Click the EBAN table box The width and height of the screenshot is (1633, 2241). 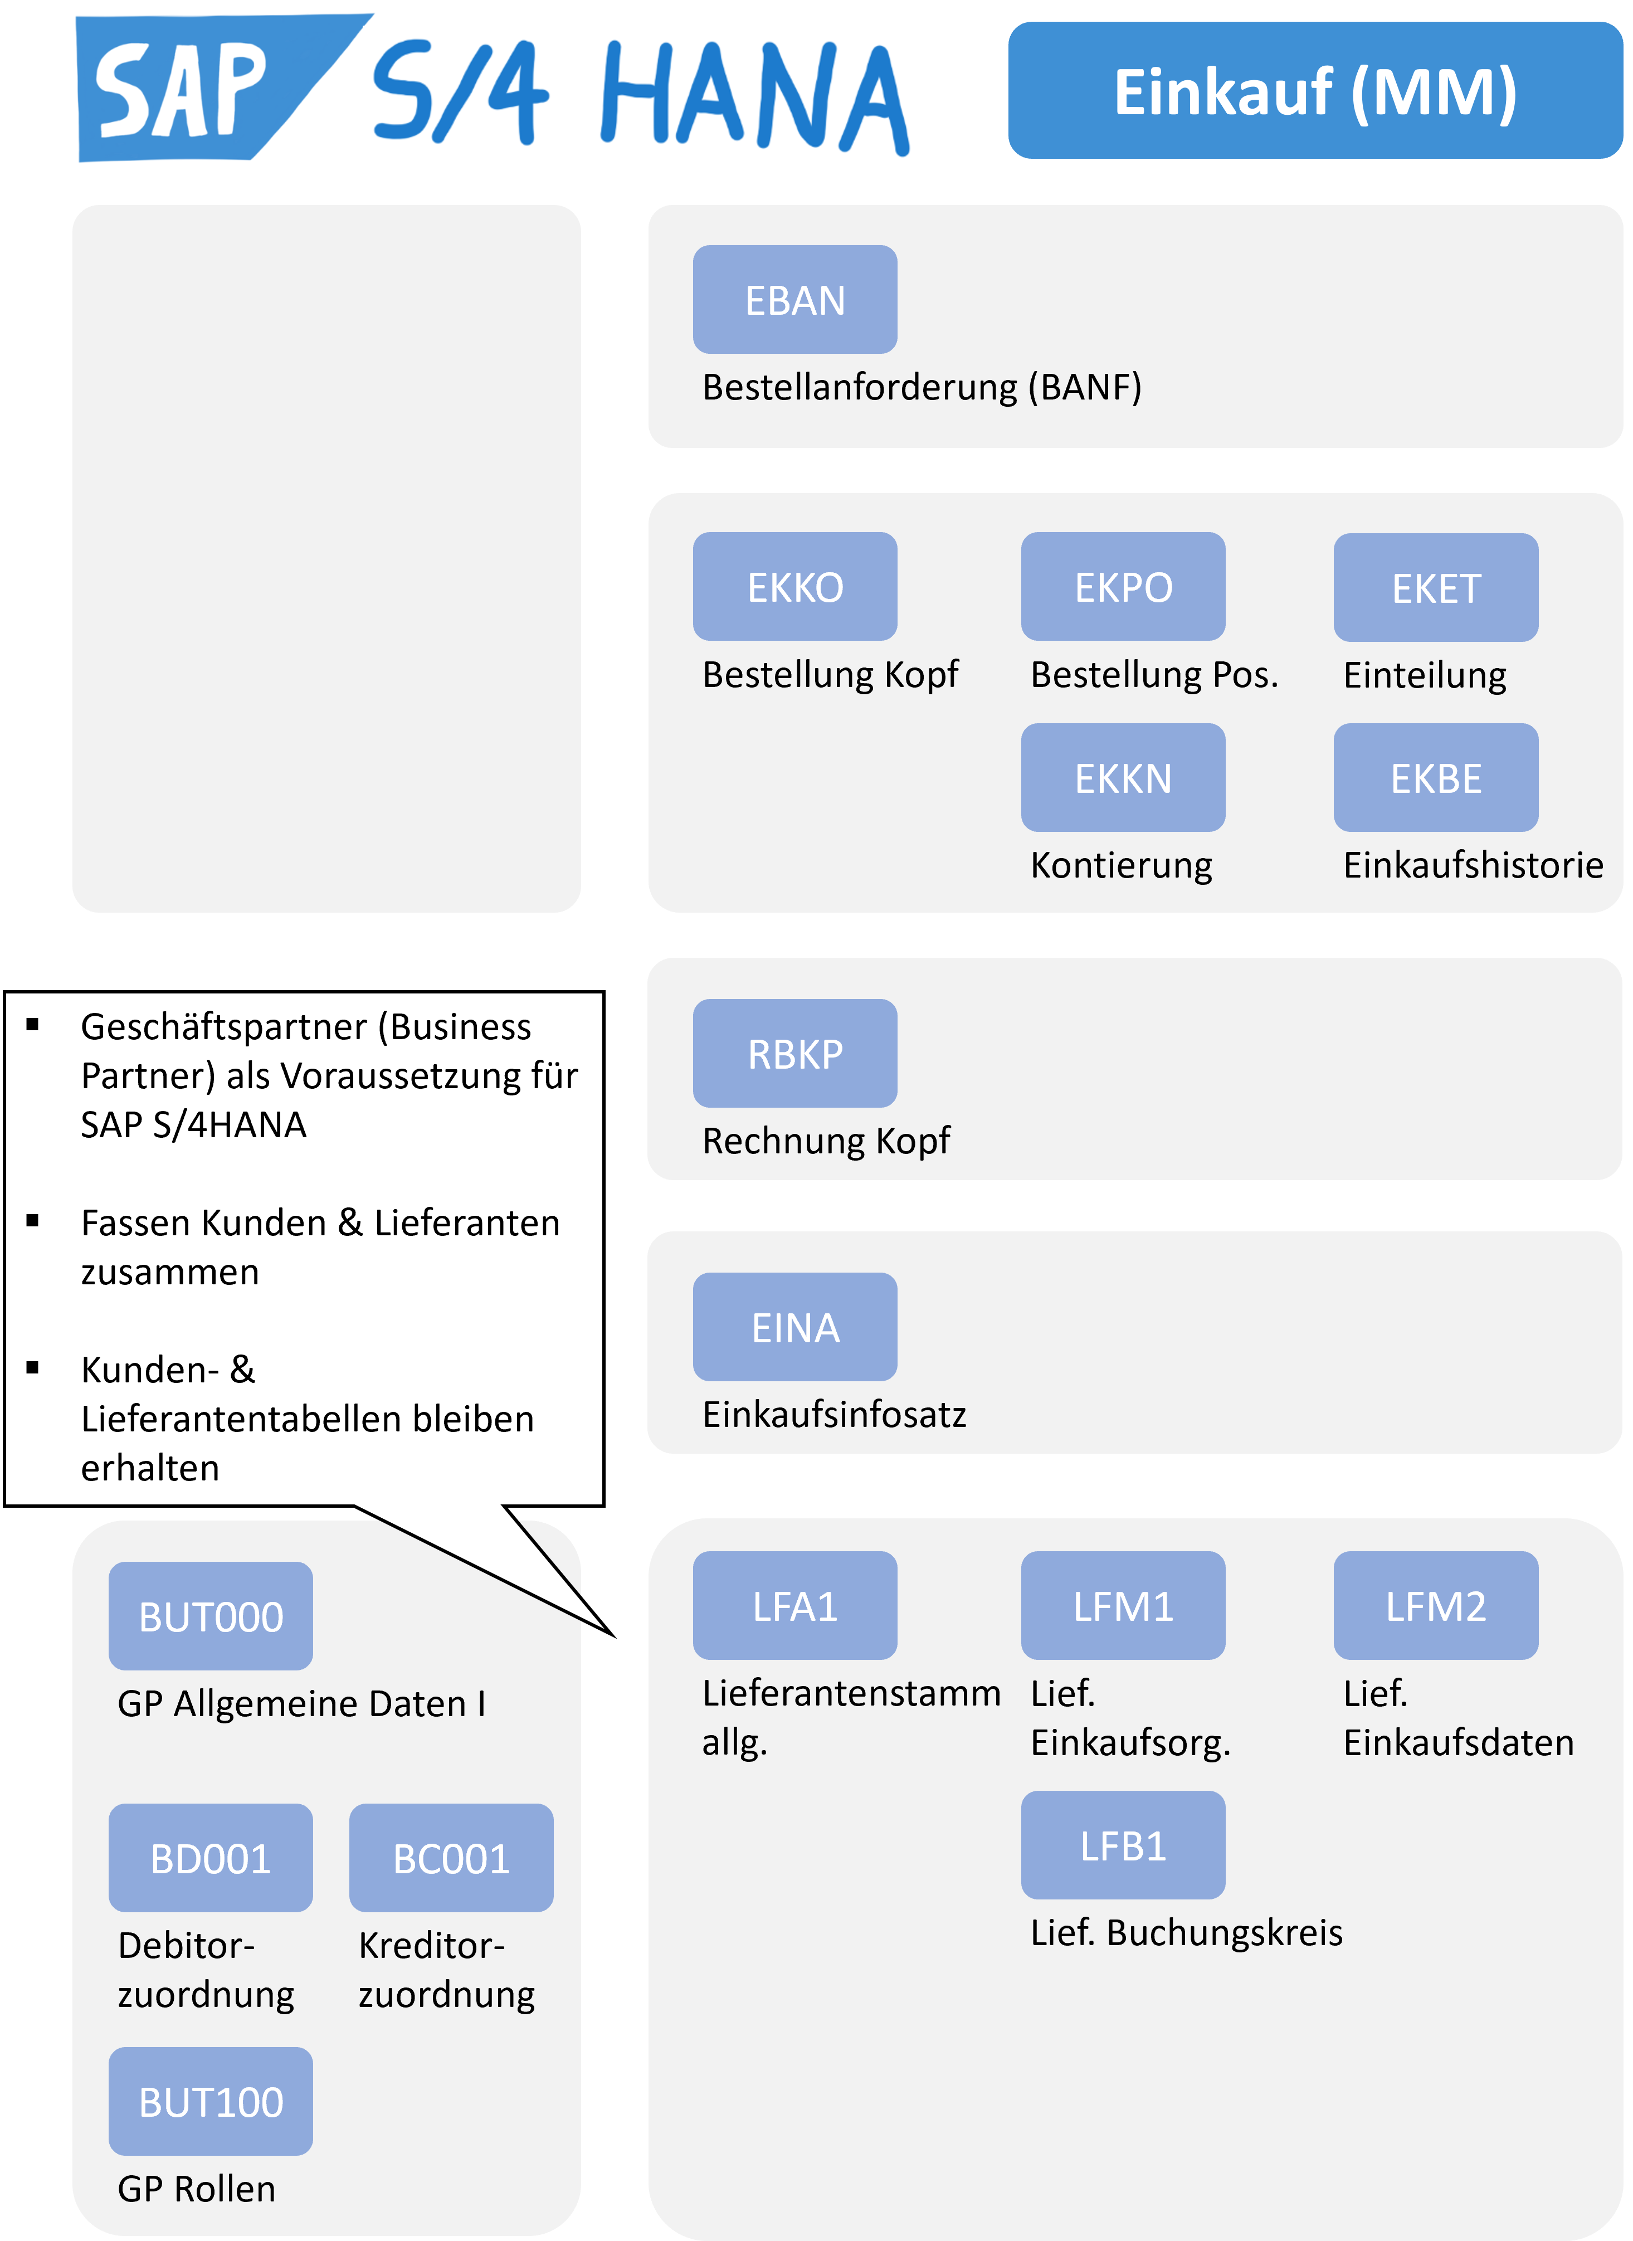click(794, 300)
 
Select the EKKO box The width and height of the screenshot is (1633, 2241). click(794, 586)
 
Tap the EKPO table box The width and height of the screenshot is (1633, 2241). click(1123, 586)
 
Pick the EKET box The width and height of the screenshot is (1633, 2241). click(1435, 587)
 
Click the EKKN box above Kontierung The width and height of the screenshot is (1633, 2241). click(1123, 777)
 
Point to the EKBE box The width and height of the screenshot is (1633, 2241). click(1435, 777)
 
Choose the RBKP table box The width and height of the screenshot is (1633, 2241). click(794, 1053)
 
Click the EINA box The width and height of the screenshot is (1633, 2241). click(794, 1327)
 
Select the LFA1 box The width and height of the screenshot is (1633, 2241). click(794, 1605)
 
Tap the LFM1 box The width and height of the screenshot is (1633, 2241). click(1123, 1605)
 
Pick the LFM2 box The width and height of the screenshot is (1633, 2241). click(1435, 1605)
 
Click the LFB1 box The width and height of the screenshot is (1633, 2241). click(1123, 1845)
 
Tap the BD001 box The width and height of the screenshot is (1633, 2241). click(211, 1858)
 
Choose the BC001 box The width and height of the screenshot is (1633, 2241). click(451, 1858)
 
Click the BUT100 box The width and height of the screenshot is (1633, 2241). click(211, 2101)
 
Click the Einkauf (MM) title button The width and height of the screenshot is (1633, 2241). click(1315, 90)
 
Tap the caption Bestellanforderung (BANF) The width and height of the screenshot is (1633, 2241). click(922, 387)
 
